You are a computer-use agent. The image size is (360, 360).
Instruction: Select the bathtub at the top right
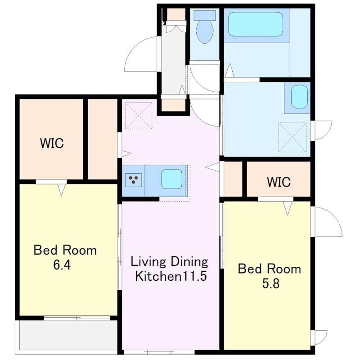[255, 24]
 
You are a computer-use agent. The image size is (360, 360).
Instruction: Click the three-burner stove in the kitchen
[134, 180]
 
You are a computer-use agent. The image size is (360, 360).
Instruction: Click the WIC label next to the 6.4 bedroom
[52, 144]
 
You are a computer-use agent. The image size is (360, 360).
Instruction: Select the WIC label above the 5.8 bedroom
[279, 182]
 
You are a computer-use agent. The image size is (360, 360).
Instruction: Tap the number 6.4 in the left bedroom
[62, 265]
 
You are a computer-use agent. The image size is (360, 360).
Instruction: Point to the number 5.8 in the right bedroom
[270, 284]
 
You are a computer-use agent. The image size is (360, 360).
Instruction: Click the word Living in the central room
[148, 261]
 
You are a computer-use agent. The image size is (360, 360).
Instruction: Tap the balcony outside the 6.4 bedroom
[67, 335]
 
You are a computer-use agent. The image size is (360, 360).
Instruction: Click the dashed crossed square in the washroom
[292, 136]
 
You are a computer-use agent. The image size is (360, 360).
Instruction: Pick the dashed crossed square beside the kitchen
[139, 115]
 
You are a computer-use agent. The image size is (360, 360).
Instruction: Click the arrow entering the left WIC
[62, 189]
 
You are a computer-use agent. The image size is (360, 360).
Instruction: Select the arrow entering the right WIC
[288, 207]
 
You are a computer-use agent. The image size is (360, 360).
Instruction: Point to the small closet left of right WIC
[233, 179]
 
